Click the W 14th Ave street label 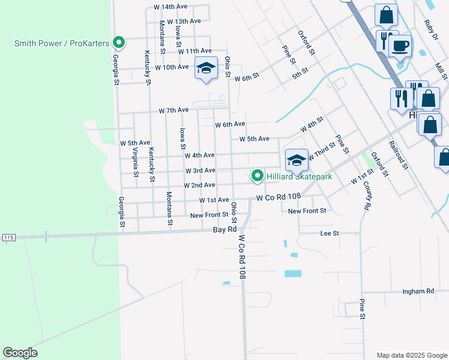point(171,7)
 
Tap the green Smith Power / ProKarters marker point(119,42)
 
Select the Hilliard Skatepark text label point(299,176)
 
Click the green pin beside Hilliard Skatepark point(258,175)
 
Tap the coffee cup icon point(400,45)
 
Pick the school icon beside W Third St point(297,160)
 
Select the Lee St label point(330,233)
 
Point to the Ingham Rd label point(418,291)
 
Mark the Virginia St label point(136,163)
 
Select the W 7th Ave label point(173,110)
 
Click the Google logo point(20,353)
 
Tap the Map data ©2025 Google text point(412,355)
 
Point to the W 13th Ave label point(184,21)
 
